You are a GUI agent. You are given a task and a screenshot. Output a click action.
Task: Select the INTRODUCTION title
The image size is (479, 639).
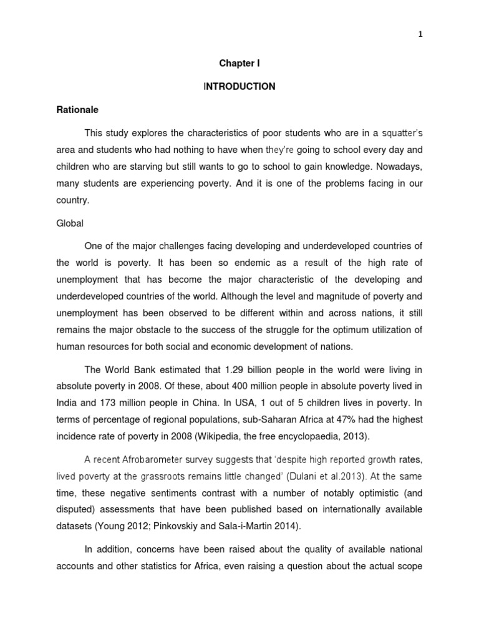239,87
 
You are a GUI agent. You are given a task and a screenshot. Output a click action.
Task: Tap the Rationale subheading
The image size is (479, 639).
78,109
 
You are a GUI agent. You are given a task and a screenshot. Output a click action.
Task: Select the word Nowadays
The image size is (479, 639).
399,167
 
